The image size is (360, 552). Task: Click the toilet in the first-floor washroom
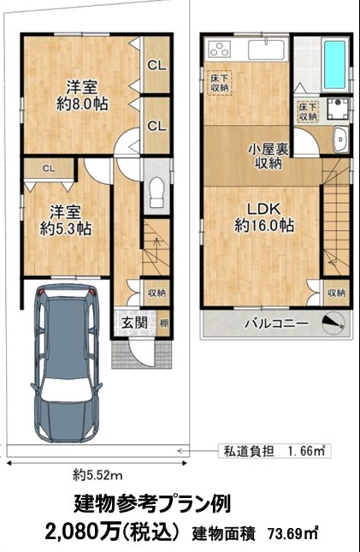156,193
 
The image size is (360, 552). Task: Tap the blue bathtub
334,65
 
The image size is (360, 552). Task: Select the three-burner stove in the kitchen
219,49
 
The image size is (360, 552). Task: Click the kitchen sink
267,50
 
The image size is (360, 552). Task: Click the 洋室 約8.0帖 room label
82,95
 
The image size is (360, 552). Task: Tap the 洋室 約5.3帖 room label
66,220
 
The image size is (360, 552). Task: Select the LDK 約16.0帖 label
264,217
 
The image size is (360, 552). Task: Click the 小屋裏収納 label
269,157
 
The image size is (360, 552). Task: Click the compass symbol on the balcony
333,323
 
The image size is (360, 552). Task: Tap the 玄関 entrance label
134,323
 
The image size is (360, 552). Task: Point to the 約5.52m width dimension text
97,476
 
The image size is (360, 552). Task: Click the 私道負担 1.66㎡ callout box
274,451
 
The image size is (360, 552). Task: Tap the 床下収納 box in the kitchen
221,83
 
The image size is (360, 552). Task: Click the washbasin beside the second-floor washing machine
340,139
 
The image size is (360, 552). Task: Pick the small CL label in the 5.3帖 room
49,169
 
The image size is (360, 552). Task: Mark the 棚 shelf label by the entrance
163,323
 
